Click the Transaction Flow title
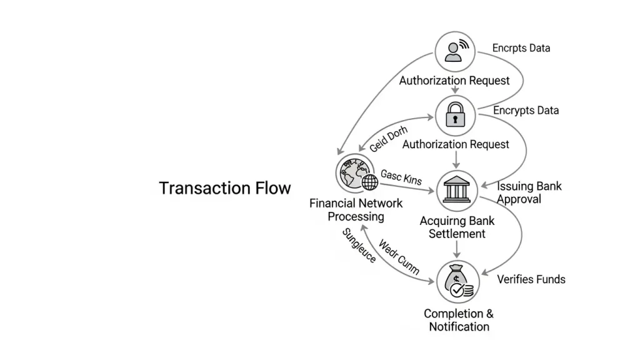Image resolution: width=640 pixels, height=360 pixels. point(225,188)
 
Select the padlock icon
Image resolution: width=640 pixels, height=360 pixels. point(455,115)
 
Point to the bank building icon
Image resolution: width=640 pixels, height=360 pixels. point(457,189)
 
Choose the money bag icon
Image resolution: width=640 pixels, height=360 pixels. point(457,282)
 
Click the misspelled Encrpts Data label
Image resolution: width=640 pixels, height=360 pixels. point(521,48)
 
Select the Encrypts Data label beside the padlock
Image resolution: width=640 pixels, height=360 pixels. point(526,111)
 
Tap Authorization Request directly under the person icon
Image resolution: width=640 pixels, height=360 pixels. point(454,81)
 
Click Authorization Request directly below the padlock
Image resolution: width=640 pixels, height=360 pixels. point(456,144)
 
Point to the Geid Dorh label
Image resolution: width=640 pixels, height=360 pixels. point(388,139)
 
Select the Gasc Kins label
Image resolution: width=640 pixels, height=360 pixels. point(401,177)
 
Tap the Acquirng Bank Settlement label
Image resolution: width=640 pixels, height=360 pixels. point(457,227)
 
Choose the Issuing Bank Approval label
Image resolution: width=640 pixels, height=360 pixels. point(529,192)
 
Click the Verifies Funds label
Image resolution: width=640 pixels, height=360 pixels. point(531,279)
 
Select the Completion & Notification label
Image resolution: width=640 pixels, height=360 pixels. point(459,320)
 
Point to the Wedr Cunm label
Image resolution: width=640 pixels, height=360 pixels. point(399,256)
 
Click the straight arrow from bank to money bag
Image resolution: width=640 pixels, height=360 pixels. point(457,249)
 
